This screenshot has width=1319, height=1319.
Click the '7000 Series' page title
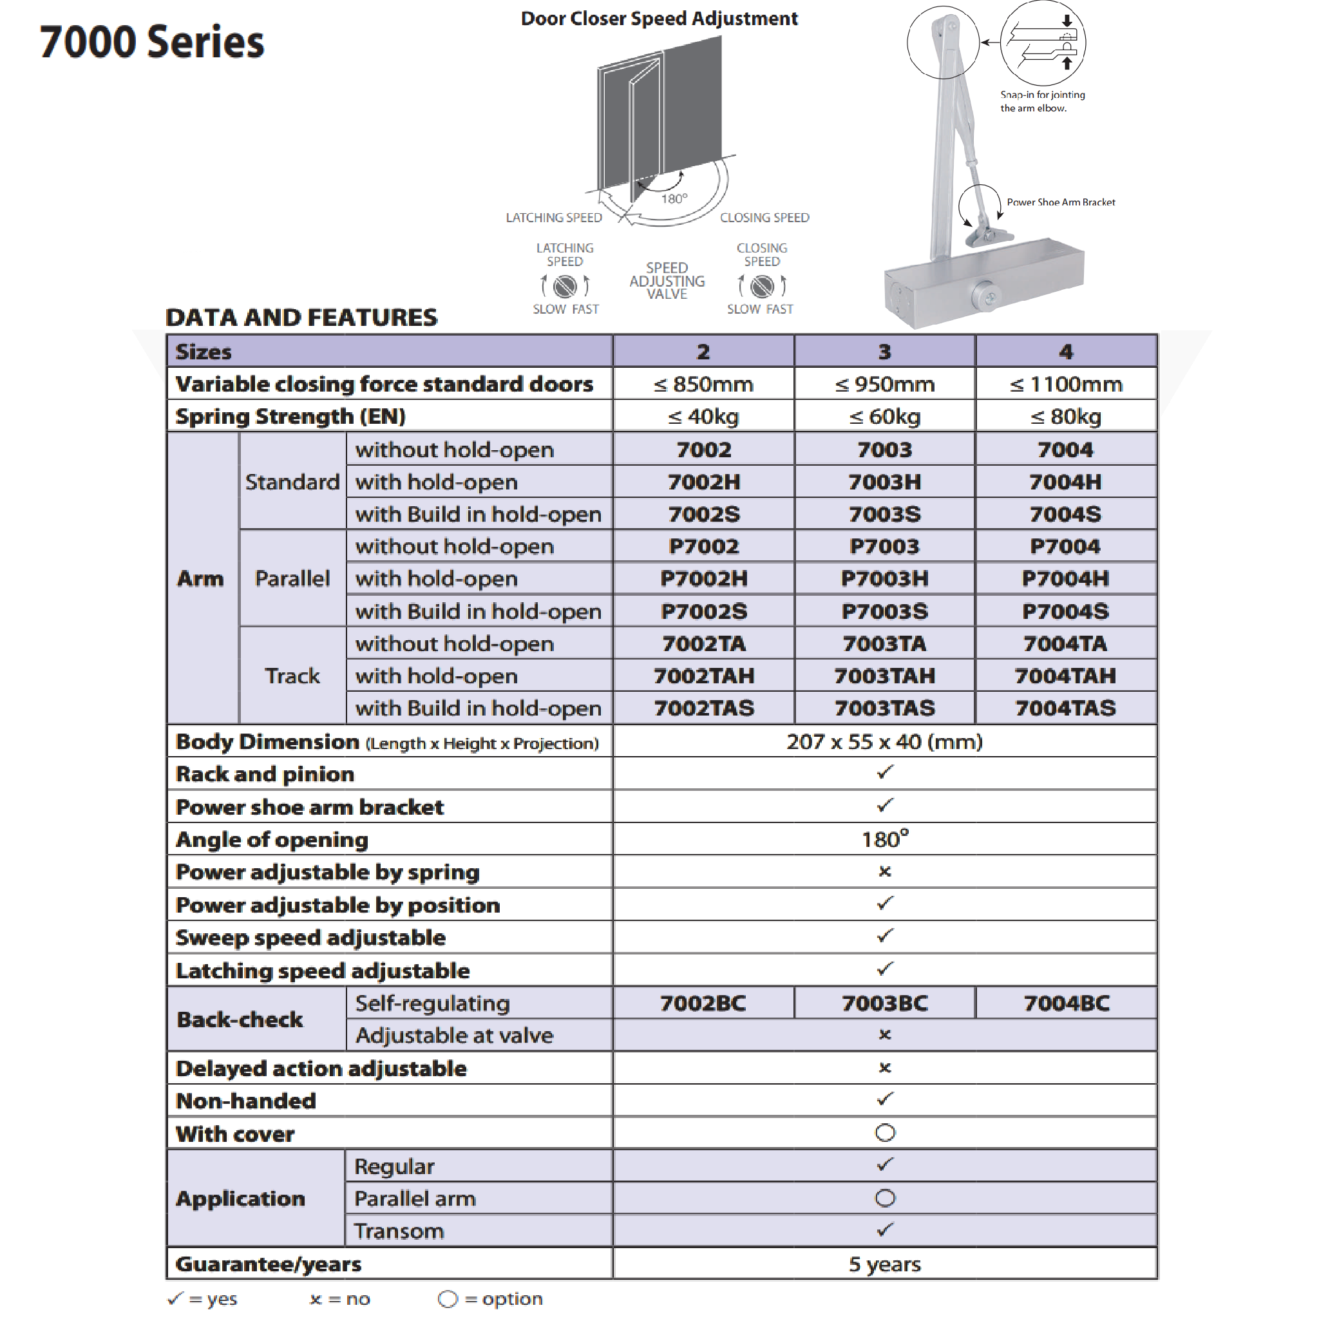click(151, 43)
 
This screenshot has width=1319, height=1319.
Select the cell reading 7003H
click(884, 482)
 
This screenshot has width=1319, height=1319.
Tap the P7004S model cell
click(1065, 611)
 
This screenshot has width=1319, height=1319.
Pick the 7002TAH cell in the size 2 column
click(703, 676)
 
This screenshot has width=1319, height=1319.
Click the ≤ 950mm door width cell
click(884, 384)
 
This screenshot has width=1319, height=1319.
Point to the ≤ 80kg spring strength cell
click(1065, 417)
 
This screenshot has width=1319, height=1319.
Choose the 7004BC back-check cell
click(1066, 1003)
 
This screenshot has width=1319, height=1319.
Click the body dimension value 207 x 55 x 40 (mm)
click(884, 741)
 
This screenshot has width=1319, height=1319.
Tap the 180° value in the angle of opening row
click(885, 839)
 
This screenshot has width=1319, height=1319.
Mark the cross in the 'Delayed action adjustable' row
click(885, 1068)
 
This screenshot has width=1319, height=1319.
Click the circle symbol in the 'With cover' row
click(885, 1134)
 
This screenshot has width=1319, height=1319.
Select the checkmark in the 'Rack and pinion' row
click(885, 773)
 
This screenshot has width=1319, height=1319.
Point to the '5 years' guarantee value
click(885, 1264)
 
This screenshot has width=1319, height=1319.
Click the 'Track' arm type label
click(292, 676)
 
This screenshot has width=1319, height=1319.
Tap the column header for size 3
click(884, 352)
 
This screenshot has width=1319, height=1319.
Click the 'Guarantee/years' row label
click(269, 1264)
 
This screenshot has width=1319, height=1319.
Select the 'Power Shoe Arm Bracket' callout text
click(1060, 202)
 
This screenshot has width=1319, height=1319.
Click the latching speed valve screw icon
click(565, 286)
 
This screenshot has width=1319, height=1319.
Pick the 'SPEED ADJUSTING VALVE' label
click(667, 281)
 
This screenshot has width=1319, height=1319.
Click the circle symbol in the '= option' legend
click(448, 1298)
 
